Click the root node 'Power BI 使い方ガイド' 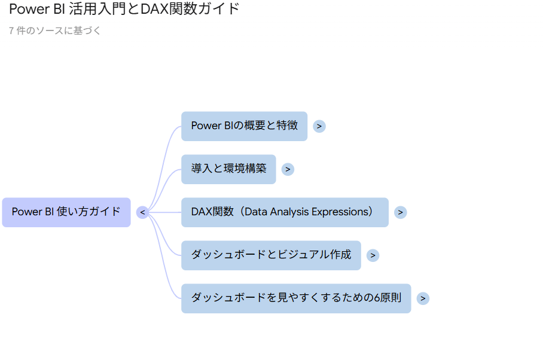coord(66,212)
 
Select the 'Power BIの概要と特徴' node coord(244,126)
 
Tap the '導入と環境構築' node coord(228,169)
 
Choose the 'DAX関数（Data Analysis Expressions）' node coord(285,212)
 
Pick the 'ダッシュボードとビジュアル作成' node coord(271,255)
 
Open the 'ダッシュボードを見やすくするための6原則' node coord(296,298)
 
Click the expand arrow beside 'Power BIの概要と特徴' coord(319,126)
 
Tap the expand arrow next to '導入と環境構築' coord(288,169)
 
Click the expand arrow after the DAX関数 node coord(400,212)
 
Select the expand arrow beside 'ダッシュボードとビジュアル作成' coord(373,255)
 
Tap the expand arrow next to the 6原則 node coord(423,298)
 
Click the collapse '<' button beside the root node coord(143,212)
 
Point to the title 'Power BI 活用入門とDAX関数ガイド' coord(124,9)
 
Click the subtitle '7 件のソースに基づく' coord(54,31)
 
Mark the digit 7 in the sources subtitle coord(11,31)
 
